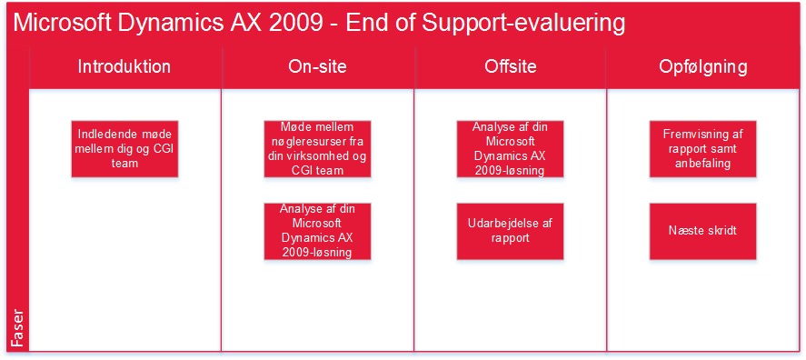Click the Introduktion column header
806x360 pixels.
pyautogui.click(x=124, y=67)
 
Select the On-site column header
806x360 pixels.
pyautogui.click(x=317, y=67)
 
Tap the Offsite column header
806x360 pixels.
pyautogui.click(x=510, y=67)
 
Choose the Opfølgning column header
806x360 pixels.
pyautogui.click(x=702, y=67)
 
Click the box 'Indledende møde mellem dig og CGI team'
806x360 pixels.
pyautogui.click(x=124, y=149)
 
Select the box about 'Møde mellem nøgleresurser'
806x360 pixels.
pyautogui.click(x=318, y=149)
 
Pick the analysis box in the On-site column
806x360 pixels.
pyautogui.click(x=318, y=232)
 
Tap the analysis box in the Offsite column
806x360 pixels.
pyautogui.click(x=511, y=149)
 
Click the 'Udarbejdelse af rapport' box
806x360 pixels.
pyautogui.click(x=511, y=232)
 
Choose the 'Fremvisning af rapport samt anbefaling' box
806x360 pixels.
pyautogui.click(x=703, y=149)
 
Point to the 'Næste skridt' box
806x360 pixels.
pyautogui.click(x=703, y=232)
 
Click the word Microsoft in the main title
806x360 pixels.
pyautogui.click(x=57, y=23)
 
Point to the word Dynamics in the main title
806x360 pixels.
pyautogui.click(x=172, y=25)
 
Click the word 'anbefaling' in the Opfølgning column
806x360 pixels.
pyautogui.click(x=702, y=164)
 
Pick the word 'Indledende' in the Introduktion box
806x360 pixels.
pyautogui.click(x=104, y=135)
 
